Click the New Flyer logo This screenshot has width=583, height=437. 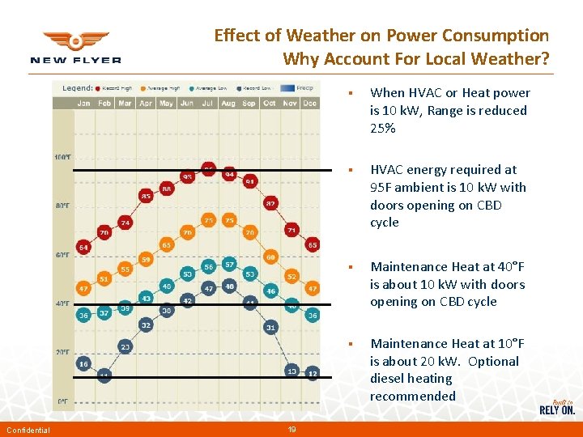(x=75, y=47)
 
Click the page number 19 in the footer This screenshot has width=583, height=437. (x=292, y=430)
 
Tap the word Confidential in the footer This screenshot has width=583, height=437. (x=28, y=430)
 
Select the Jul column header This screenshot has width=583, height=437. (x=208, y=104)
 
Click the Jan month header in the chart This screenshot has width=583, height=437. (x=83, y=104)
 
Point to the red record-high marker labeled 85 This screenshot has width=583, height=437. (x=146, y=196)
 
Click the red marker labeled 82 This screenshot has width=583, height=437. (x=271, y=203)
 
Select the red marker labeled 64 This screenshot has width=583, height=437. (x=83, y=247)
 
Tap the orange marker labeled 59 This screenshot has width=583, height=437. (x=146, y=259)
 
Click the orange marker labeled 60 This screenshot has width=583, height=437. (x=271, y=257)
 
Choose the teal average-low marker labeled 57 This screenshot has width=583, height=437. (x=229, y=265)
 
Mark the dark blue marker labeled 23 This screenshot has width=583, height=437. (x=125, y=346)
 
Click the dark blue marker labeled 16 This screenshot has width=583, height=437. (x=83, y=364)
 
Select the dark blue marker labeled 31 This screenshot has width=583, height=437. (x=271, y=327)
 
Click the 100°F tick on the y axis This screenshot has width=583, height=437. (x=62, y=156)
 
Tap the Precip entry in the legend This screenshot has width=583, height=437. (x=304, y=87)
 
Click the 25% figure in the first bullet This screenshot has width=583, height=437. (x=383, y=129)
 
